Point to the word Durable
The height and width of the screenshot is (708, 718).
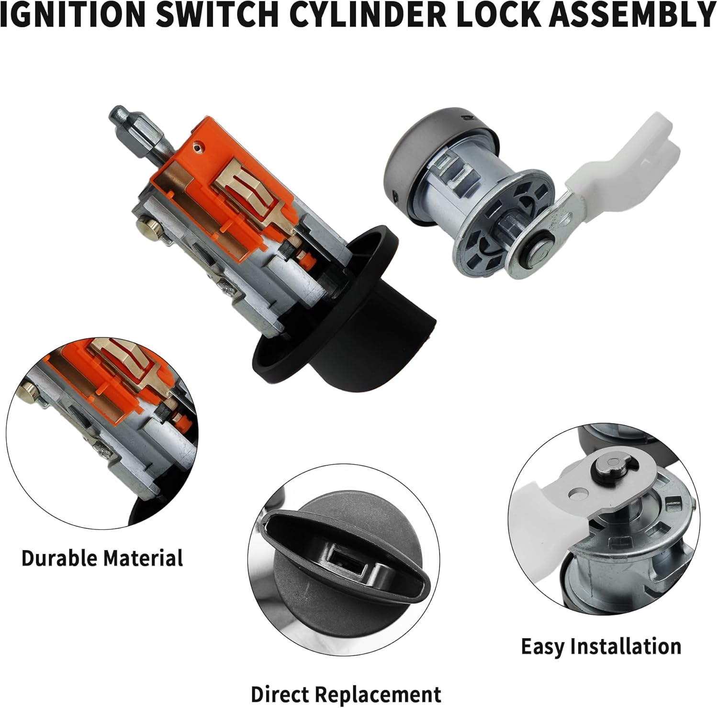click(x=59, y=558)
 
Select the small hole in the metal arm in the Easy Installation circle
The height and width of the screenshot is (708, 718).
click(x=578, y=492)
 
